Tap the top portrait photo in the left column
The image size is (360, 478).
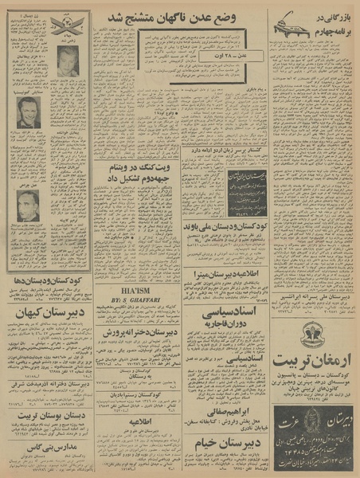[x=68, y=61]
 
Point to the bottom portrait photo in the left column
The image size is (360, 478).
[x=29, y=206]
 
